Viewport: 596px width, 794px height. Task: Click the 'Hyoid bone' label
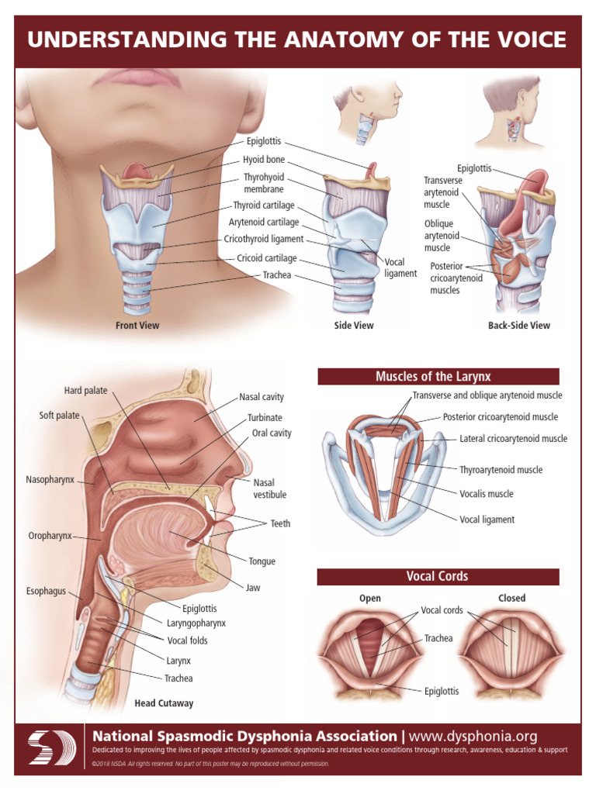[x=264, y=161]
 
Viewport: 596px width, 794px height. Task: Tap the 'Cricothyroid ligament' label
[x=264, y=240]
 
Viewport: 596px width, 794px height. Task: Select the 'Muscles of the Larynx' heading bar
[x=438, y=377]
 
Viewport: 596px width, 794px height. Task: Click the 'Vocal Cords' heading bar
[x=438, y=577]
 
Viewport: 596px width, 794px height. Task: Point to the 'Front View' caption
[x=137, y=326]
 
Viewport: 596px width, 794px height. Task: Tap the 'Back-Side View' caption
[x=518, y=326]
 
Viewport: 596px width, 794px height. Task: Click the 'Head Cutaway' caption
[x=164, y=703]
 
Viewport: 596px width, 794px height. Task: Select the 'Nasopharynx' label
[x=50, y=480]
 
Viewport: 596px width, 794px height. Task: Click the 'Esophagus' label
[x=46, y=591]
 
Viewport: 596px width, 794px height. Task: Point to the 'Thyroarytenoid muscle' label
[x=501, y=470]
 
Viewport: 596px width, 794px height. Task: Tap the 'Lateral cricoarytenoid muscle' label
[x=513, y=439]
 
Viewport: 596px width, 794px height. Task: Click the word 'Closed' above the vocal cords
[x=511, y=598]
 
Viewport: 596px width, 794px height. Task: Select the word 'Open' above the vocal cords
[x=370, y=598]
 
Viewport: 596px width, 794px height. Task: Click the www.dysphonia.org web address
[x=473, y=736]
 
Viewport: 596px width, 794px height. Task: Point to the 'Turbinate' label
[x=265, y=418]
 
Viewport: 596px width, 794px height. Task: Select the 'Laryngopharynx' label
[x=196, y=622]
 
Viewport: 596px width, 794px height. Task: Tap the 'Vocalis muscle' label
[x=487, y=494]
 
